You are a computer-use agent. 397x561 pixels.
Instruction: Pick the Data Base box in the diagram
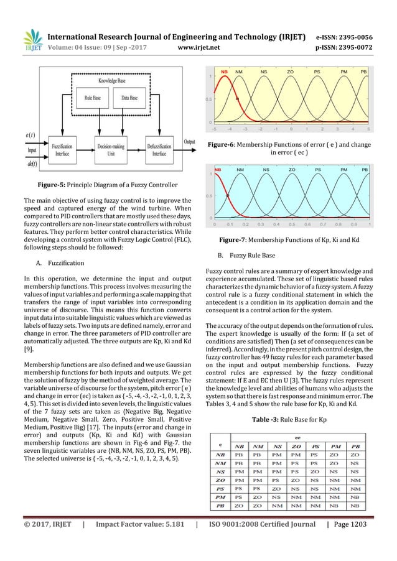click(x=129, y=98)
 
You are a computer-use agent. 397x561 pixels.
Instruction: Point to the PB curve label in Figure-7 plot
click(x=365, y=169)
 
